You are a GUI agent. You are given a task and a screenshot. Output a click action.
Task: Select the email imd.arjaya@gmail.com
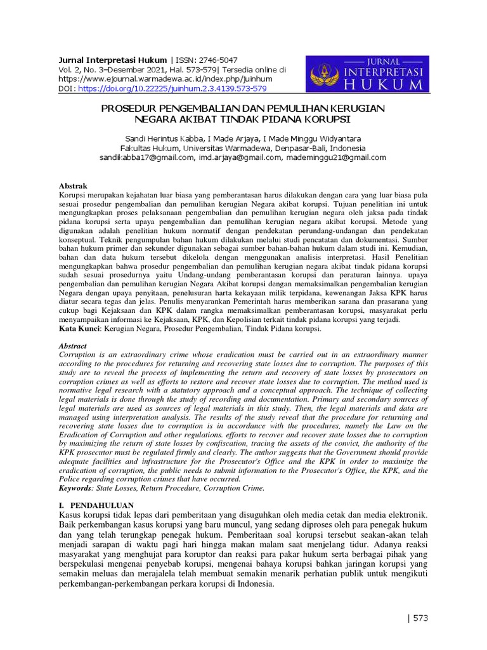(239, 157)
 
